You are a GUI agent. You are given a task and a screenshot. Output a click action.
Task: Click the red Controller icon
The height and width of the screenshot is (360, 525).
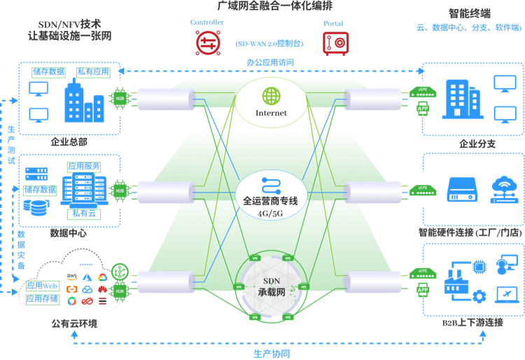click(x=207, y=43)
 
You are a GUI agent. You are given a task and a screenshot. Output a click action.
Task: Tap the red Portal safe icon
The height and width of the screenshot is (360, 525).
click(x=334, y=43)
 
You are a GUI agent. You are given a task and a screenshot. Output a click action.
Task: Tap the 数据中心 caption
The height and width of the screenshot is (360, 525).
click(x=69, y=233)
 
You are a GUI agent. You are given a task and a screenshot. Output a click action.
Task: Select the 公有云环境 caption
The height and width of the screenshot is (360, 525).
click(x=69, y=324)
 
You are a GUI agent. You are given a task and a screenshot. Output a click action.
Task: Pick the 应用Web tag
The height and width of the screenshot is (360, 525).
click(x=41, y=286)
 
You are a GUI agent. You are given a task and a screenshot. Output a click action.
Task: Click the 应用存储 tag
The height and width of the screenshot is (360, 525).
click(x=41, y=299)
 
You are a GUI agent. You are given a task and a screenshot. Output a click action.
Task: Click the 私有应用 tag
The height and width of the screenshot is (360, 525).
click(x=92, y=71)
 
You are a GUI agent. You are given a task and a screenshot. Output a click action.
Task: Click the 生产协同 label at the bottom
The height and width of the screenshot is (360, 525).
click(x=271, y=352)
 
